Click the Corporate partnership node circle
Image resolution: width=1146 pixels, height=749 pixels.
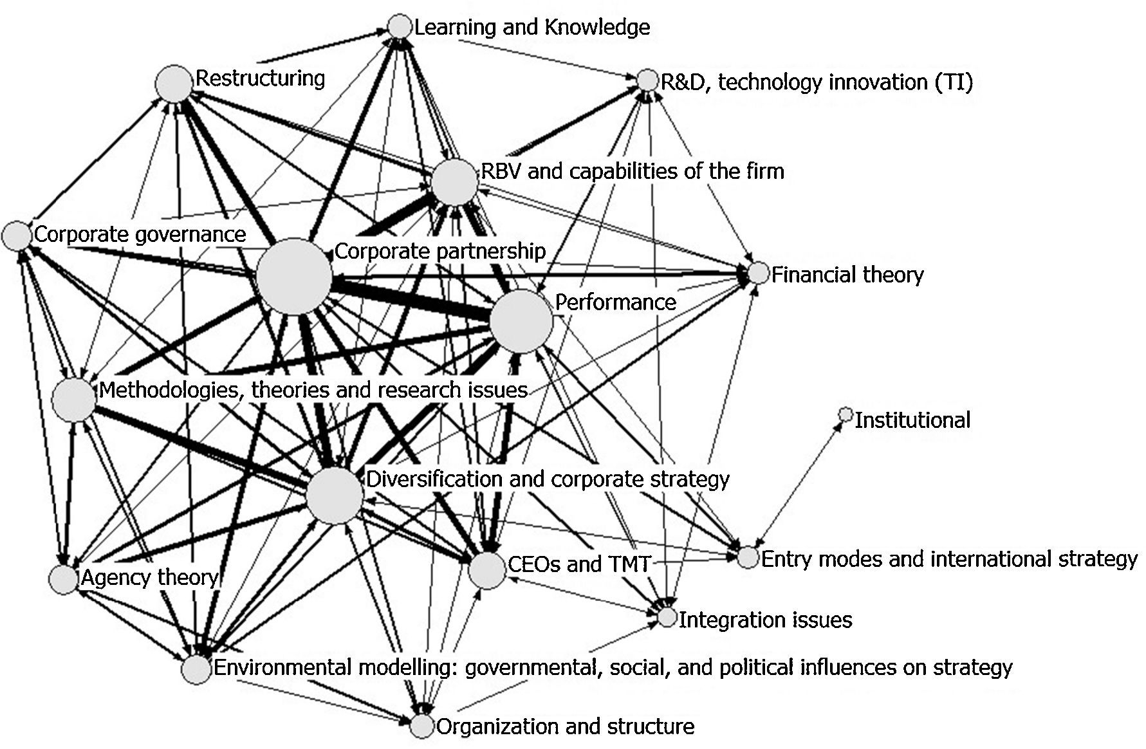294,277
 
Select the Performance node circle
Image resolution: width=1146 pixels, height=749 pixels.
521,321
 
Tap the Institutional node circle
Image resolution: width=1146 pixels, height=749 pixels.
846,414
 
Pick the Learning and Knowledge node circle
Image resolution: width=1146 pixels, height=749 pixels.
400,27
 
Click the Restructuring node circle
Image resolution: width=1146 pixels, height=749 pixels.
174,84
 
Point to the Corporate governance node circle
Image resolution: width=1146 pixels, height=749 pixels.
17,236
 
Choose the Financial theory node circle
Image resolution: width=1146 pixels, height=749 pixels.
759,273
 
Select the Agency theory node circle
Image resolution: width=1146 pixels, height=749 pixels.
64,578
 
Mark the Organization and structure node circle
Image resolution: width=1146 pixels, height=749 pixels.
422,726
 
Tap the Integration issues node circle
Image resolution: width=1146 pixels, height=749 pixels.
668,618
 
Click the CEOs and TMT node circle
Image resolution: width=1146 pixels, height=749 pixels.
487,569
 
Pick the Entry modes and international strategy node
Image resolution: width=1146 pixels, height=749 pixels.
748,557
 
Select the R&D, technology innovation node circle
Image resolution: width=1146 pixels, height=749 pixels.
647,81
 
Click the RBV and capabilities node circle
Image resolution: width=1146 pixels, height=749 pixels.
455,183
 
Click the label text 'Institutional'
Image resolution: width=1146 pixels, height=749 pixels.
912,420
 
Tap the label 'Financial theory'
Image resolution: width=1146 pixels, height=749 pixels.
847,275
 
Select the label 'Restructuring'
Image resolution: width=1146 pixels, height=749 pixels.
260,79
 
